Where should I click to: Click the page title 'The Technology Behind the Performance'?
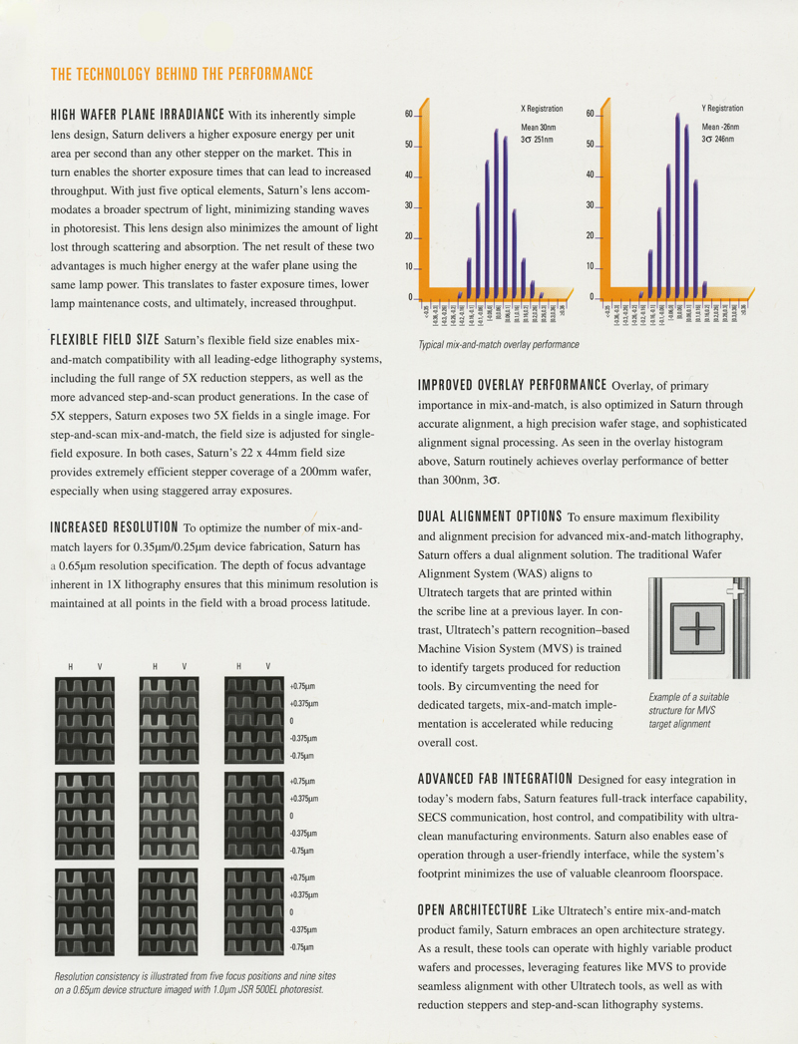[182, 74]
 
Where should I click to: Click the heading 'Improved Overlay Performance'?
[512, 385]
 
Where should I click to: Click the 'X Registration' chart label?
[542, 108]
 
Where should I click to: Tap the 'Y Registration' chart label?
[722, 108]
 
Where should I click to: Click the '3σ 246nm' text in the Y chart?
[721, 140]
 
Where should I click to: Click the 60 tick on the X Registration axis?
[409, 115]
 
